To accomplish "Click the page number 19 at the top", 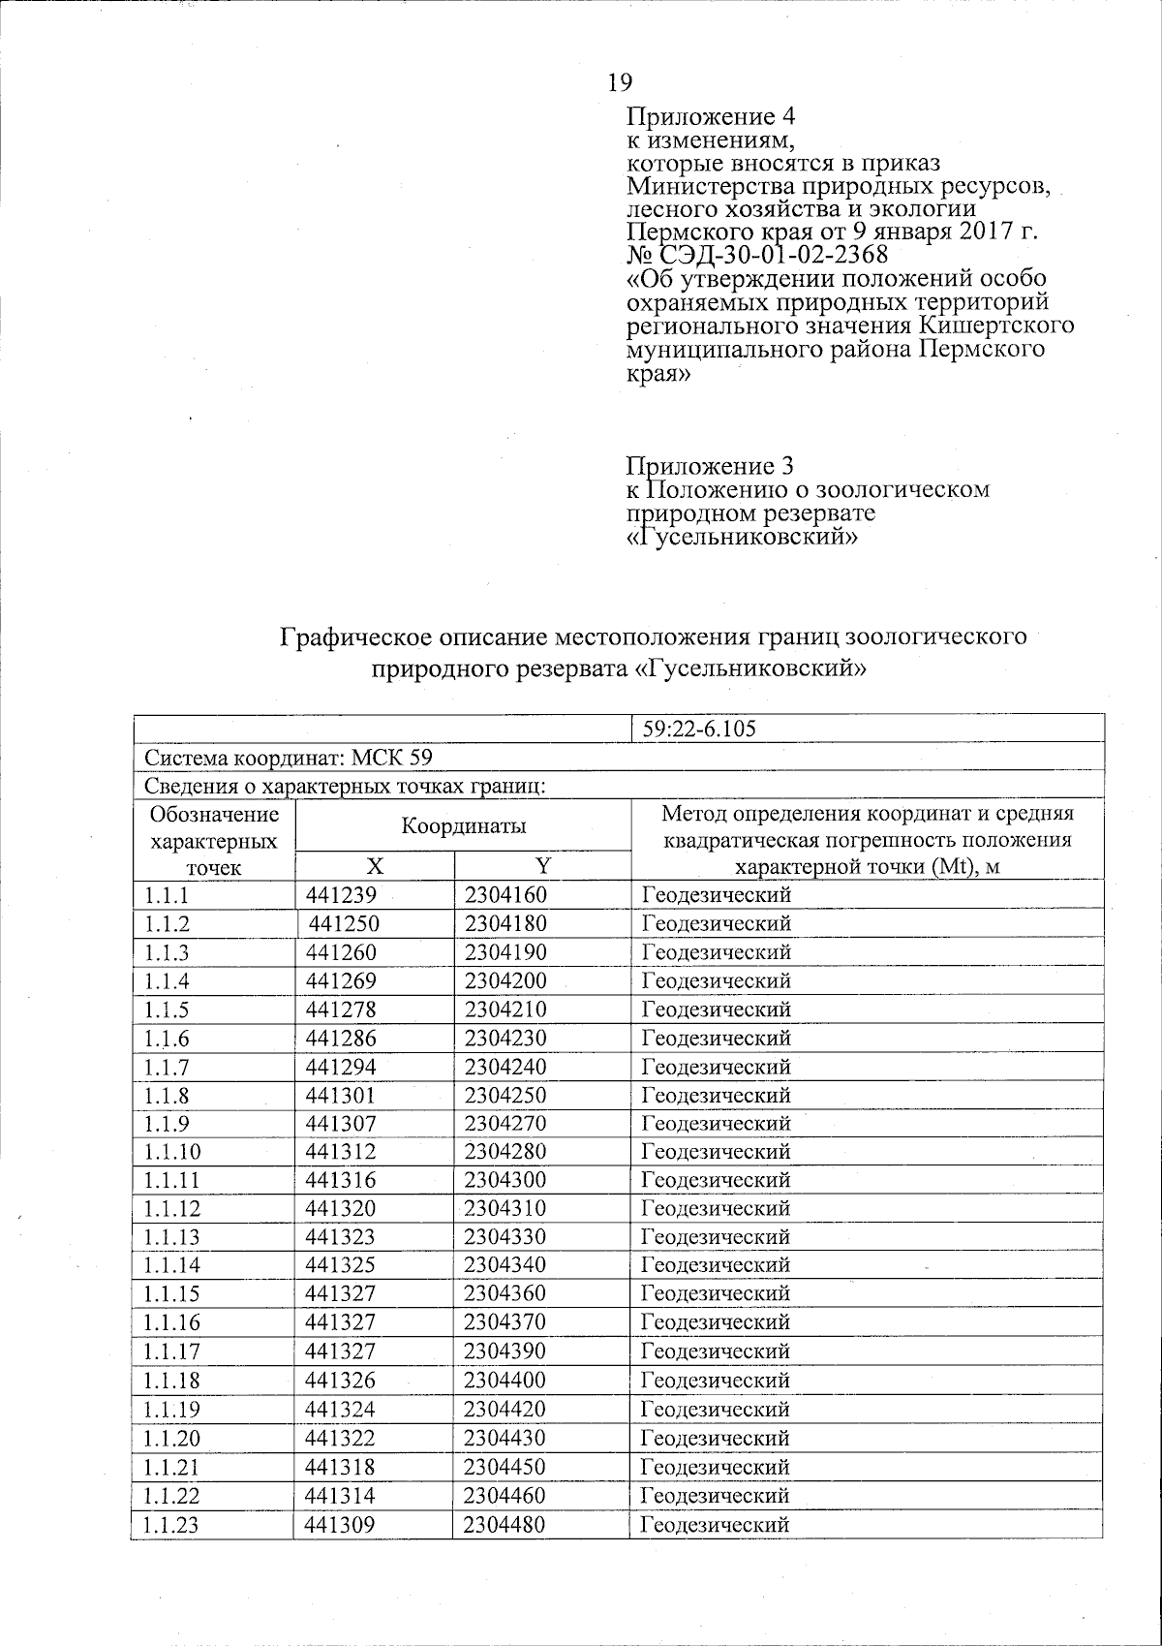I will [620, 82].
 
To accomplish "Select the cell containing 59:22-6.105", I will [698, 729].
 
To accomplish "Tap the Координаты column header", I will [464, 826].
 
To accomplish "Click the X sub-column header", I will [374, 866].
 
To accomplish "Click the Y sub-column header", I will [542, 866].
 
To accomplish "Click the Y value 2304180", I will [505, 923].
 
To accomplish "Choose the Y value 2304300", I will [505, 1181].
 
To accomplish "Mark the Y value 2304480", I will [505, 1525].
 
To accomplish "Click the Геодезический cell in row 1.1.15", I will [716, 1294].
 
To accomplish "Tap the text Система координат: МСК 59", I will [294, 757].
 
